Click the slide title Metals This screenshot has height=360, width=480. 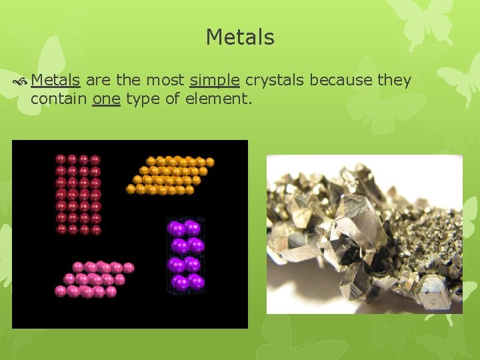click(x=240, y=37)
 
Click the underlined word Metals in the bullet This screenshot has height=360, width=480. click(x=56, y=81)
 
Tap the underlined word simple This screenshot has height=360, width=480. click(x=215, y=81)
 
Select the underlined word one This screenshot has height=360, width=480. click(x=106, y=99)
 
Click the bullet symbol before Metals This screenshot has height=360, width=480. click(x=22, y=81)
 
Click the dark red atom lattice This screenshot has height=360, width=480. click(x=78, y=194)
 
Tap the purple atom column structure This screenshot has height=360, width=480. click(x=185, y=255)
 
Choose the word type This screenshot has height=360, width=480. click(x=143, y=99)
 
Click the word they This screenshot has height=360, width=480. click(x=395, y=81)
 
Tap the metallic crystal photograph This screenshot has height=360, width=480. click(x=365, y=234)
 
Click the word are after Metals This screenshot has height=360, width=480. click(x=99, y=81)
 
